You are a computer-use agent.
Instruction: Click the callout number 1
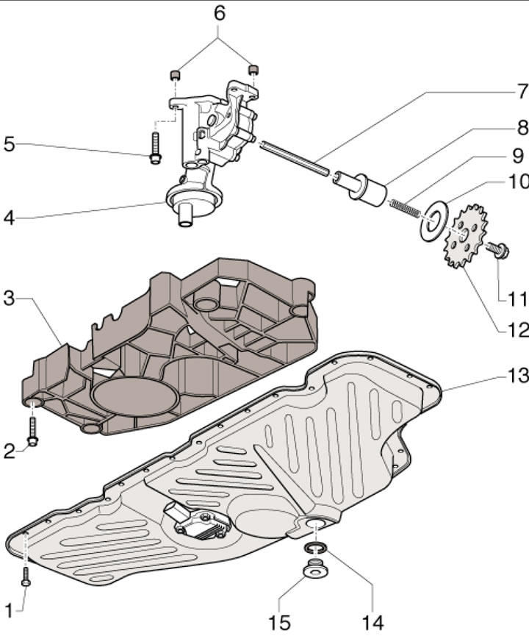click(10, 609)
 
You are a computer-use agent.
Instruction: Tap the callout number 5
click(9, 144)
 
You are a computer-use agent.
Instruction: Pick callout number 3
click(9, 299)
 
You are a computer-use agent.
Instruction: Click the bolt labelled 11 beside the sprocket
click(500, 251)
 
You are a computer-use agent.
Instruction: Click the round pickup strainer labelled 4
click(186, 199)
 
